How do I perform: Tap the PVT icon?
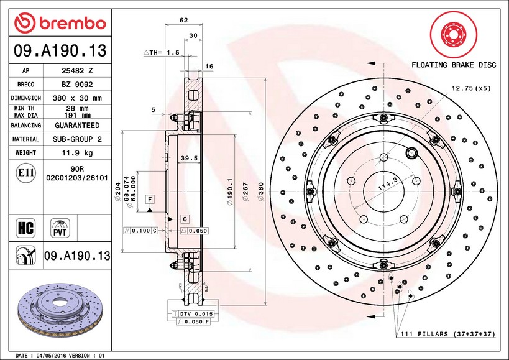pyautogui.click(x=60, y=227)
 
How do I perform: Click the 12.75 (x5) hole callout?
pyautogui.click(x=471, y=88)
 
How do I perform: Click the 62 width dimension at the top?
pyautogui.click(x=183, y=21)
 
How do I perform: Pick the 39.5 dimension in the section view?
pyautogui.click(x=188, y=159)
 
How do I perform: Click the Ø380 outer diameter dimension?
pyautogui.click(x=261, y=186)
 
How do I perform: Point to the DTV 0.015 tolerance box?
pyautogui.click(x=196, y=314)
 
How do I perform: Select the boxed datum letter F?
pyautogui.click(x=150, y=199)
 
